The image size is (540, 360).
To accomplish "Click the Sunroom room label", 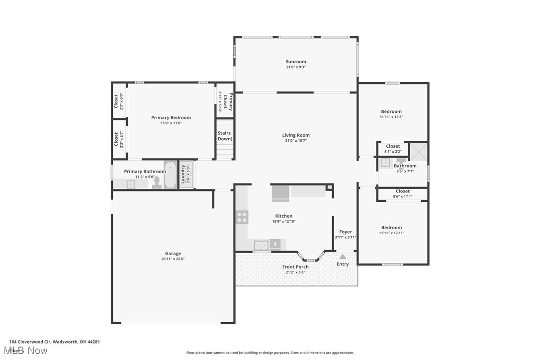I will click(296, 62).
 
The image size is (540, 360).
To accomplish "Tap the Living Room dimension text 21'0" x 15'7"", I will click(296, 141).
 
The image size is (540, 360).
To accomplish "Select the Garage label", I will click(173, 254).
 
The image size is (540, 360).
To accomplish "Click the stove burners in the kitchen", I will click(242, 217).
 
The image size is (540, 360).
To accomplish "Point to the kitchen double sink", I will click(262, 245).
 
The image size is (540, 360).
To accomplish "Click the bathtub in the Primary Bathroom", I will click(170, 175).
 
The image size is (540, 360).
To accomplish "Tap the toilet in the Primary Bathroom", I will click(157, 183).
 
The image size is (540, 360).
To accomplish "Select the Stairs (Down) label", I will click(224, 136).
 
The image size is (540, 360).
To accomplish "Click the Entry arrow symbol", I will click(343, 257).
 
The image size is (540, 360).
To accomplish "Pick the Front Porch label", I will click(295, 267).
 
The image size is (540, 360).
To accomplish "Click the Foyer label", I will click(345, 232).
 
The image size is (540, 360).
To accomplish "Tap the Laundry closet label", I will click(183, 175).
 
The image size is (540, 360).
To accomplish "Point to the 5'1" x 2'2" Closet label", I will click(393, 146).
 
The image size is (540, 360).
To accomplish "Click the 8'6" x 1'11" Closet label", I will click(403, 191).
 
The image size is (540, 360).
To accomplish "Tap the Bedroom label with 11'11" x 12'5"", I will click(391, 111).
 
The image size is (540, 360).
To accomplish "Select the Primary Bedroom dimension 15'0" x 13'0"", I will click(171, 123).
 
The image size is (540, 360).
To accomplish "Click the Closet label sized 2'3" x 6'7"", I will click(116, 139).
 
